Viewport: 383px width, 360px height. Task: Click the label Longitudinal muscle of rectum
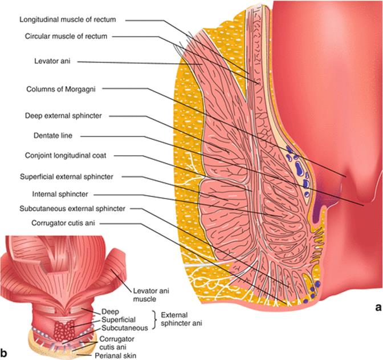(x=67, y=19)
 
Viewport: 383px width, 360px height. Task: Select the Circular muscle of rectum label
(x=66, y=36)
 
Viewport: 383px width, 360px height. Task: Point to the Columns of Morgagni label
(x=63, y=89)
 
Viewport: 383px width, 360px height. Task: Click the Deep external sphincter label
(x=63, y=116)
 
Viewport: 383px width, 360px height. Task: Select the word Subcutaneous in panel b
(x=124, y=328)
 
